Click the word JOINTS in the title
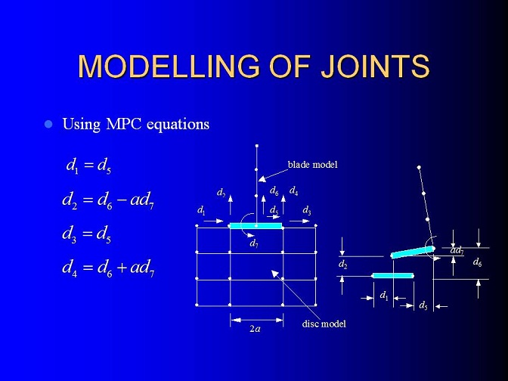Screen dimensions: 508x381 375,67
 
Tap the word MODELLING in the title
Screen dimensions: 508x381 169,67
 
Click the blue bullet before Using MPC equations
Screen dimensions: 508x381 48,124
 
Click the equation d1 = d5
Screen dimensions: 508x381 88,166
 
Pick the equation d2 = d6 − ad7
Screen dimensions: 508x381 108,200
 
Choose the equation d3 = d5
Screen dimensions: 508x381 87,234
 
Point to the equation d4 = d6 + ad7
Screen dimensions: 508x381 108,268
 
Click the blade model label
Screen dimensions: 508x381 313,165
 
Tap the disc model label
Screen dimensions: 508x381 324,324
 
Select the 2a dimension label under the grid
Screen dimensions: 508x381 255,329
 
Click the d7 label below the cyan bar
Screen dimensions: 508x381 254,243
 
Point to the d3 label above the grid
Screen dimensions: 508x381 307,211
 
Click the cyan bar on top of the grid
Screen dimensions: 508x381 256,226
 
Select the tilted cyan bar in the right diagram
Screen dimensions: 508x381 413,252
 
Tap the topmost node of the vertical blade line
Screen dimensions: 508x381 257,146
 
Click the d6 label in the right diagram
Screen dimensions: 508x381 477,262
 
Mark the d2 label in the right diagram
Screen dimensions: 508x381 342,265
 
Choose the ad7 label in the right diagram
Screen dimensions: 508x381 457,250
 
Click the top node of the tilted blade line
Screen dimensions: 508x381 419,168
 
